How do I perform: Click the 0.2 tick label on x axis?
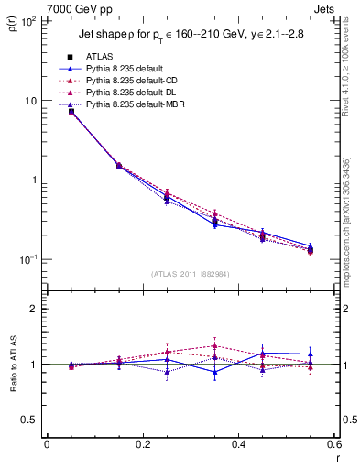click(x=142, y=443)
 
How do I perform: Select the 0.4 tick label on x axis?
click(x=238, y=443)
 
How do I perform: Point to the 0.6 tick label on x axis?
click(x=333, y=443)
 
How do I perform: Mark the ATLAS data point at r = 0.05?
click(x=71, y=112)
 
